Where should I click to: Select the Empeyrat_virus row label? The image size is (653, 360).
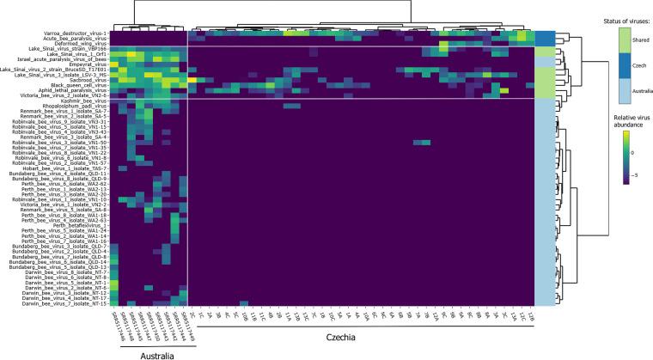coord(88,63)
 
